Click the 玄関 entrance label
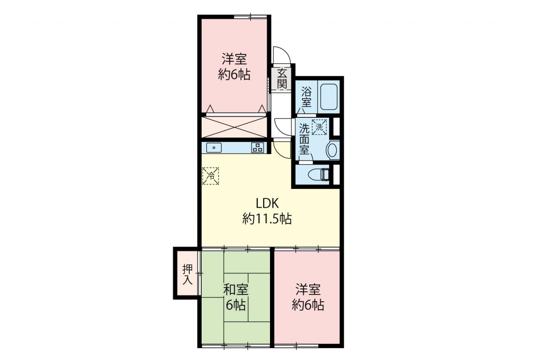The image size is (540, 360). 281,78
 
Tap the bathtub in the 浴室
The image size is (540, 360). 328,97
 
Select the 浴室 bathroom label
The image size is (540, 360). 306,97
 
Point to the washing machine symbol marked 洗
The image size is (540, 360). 319,127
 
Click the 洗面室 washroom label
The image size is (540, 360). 304,139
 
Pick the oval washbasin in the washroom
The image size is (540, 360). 332,150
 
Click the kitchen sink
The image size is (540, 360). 214,148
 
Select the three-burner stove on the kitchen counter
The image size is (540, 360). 258,148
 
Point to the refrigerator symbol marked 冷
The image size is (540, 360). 211,176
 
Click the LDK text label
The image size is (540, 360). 267,203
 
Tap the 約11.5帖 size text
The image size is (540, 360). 267,219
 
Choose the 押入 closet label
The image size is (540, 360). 187,275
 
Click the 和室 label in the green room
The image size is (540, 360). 235,290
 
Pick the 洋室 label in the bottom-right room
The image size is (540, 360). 308,290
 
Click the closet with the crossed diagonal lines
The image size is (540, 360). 234,127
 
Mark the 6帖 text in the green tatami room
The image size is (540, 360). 236,305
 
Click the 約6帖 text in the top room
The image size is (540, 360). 234,75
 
